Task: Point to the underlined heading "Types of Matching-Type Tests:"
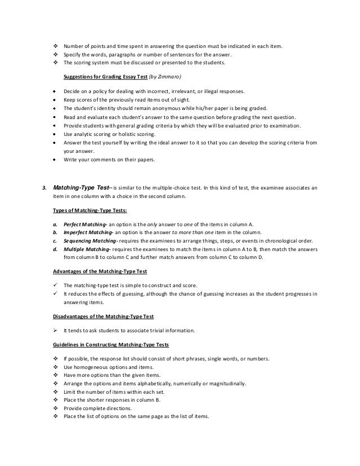point(86,210)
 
